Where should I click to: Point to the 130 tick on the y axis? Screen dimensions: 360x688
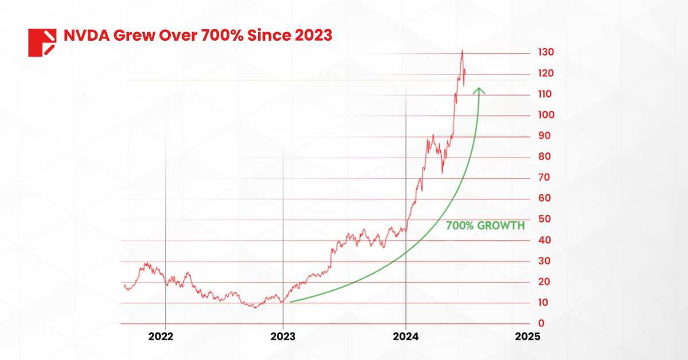point(545,53)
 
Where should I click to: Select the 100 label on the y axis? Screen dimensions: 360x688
point(545,115)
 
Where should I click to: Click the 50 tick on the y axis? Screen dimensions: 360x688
point(545,219)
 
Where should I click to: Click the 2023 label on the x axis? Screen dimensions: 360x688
point(283,336)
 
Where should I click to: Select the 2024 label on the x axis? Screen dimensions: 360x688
point(406,336)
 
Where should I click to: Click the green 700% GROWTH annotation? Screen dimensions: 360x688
point(485,226)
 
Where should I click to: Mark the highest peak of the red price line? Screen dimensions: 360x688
point(462,51)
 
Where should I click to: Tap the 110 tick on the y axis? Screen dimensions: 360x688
point(545,94)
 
